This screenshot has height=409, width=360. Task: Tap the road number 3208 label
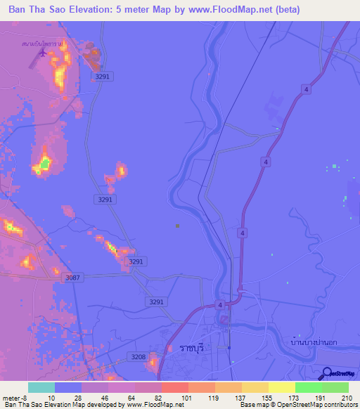pyautogui.click(x=139, y=358)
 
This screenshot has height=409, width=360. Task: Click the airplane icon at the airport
pyautogui.click(x=45, y=52)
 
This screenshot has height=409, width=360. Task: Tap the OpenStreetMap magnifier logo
pyautogui.click(x=328, y=374)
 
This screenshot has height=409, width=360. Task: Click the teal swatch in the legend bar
pyautogui.click(x=41, y=387)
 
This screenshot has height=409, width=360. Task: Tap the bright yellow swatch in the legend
pyautogui.click(x=282, y=387)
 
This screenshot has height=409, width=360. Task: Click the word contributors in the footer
pyautogui.click(x=339, y=405)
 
